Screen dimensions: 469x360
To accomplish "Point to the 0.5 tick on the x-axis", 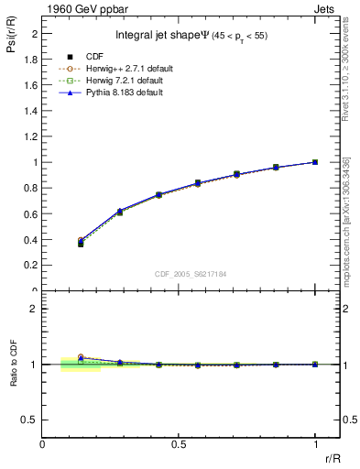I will [179, 443].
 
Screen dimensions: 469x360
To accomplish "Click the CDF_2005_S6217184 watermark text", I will [191, 273].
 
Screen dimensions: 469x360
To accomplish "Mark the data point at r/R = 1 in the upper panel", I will [315, 162].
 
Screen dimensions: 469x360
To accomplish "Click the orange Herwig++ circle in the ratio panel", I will [81, 357].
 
